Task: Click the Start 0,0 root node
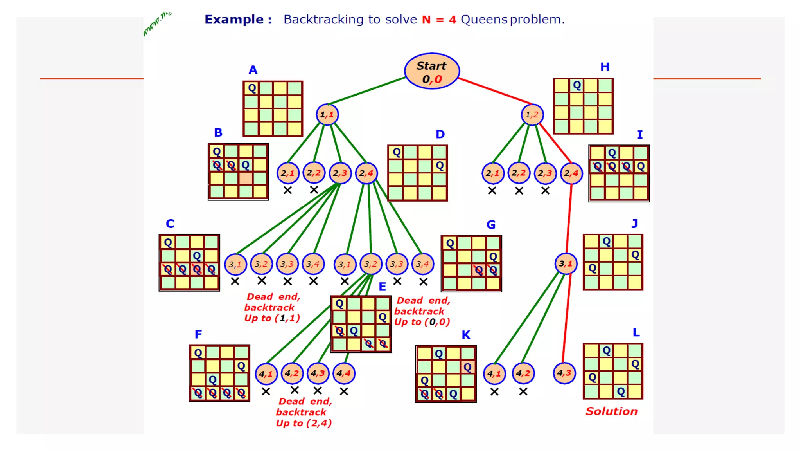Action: [x=432, y=71]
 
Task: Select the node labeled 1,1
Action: [x=327, y=115]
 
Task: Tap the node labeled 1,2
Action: [x=532, y=115]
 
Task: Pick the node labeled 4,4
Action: [x=344, y=373]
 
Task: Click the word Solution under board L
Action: [x=611, y=411]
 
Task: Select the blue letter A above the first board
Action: [x=253, y=70]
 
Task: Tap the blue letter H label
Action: [x=605, y=67]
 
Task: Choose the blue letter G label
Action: [x=491, y=225]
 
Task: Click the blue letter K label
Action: [x=465, y=335]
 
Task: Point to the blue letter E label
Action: [x=382, y=287]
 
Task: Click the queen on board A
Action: [x=252, y=88]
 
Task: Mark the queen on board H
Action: [x=577, y=85]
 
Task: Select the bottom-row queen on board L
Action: [x=621, y=391]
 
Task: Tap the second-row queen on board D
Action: [x=440, y=166]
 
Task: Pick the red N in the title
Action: [x=426, y=19]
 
